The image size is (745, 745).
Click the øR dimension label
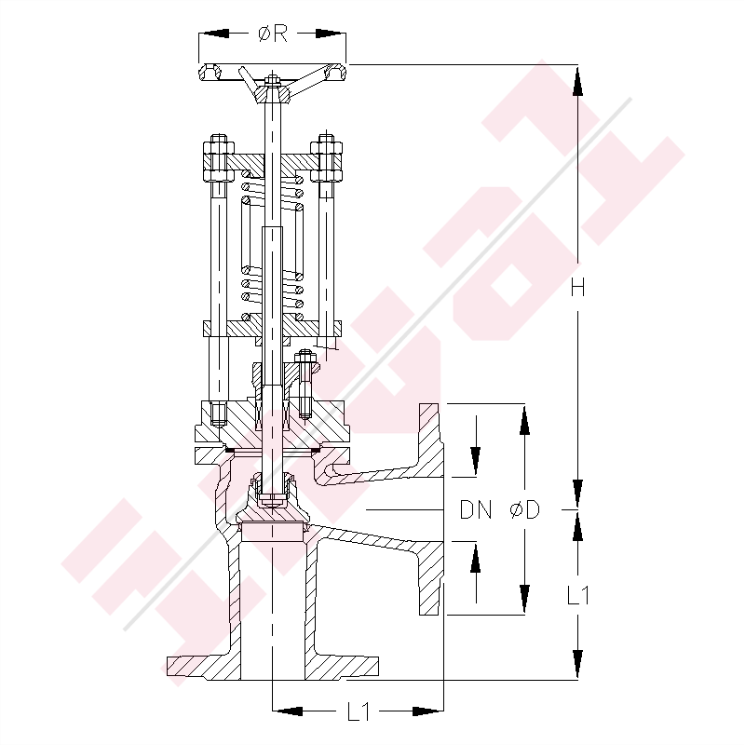point(272,34)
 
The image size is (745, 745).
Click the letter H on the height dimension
point(578,289)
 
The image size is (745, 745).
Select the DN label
point(476,510)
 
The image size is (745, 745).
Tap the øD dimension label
point(526,510)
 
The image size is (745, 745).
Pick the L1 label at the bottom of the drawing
point(358,712)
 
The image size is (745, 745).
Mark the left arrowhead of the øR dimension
point(212,34)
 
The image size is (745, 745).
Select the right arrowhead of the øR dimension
point(332,34)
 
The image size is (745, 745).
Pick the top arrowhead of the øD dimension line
point(524,419)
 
